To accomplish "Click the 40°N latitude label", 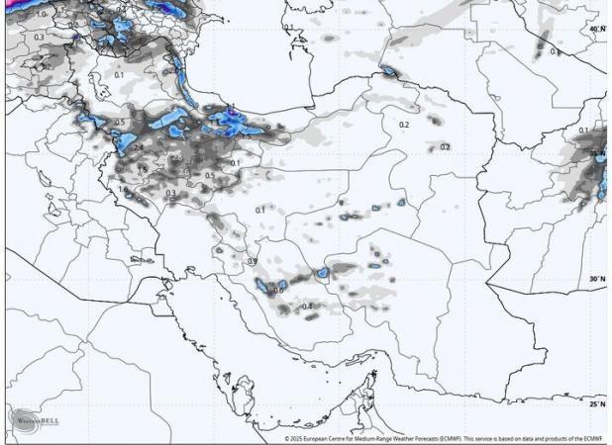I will click(596, 29).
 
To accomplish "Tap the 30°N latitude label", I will click(596, 279).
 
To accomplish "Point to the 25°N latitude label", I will click(596, 403).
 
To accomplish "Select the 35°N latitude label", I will click(596, 153).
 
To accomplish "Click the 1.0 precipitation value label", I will click(41, 16).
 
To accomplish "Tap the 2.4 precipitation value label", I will click(138, 148).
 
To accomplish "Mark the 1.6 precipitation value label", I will click(123, 189).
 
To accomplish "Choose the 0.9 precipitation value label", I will click(253, 261).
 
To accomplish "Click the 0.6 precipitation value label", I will click(278, 291).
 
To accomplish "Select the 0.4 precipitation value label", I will click(307, 307).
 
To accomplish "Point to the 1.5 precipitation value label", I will click(142, 171).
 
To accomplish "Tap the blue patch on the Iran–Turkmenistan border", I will click(387, 71).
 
